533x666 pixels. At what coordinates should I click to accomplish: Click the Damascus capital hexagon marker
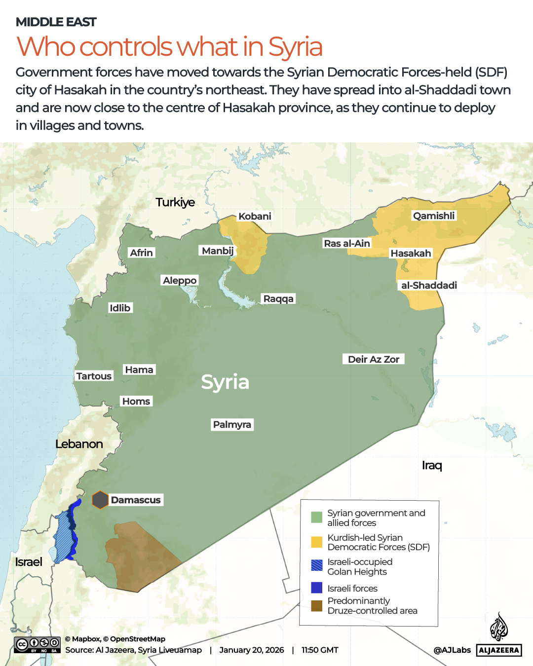pos(100,500)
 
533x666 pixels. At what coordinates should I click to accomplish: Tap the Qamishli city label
pos(434,216)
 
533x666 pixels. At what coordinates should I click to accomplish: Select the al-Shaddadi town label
pos(428,285)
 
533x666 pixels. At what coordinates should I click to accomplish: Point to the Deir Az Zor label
pos(373,359)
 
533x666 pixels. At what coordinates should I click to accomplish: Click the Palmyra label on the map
pos(232,424)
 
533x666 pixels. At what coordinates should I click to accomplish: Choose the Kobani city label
pos(255,216)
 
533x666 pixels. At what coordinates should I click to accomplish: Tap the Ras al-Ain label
pos(346,243)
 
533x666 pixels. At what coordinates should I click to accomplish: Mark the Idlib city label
pos(120,308)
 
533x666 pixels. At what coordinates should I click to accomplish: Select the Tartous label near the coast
pos(94,376)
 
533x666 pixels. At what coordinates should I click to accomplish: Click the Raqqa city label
pos(278,298)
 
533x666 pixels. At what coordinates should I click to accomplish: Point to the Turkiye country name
pos(175,202)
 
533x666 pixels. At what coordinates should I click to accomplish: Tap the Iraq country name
pos(432,465)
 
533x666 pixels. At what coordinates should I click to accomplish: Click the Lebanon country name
pos(79,444)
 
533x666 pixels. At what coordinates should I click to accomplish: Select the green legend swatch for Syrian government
pos(317,518)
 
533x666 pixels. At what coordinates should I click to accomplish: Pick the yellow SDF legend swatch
pos(317,542)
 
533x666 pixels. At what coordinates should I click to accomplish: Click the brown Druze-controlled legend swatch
pos(317,605)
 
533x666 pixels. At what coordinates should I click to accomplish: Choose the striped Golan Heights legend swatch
pos(317,565)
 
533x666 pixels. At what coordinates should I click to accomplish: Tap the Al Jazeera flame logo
pos(498,627)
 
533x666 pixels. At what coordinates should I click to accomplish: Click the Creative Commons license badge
pos(38,644)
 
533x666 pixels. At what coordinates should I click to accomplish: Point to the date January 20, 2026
pos(252,650)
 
